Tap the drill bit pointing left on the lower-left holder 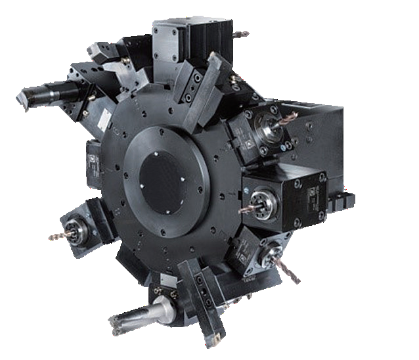(60, 235)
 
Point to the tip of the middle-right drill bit (240, 212)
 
